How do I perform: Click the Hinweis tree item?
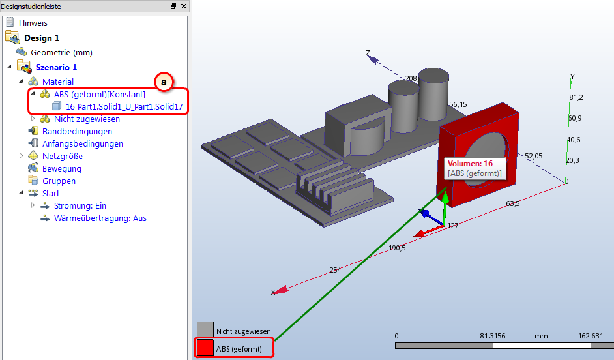click(x=33, y=23)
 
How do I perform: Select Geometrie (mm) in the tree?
click(x=61, y=52)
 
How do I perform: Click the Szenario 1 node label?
click(x=57, y=67)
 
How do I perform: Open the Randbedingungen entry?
click(x=77, y=132)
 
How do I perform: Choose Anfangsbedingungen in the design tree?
click(x=83, y=143)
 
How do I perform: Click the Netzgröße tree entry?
click(x=63, y=157)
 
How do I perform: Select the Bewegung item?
click(x=62, y=169)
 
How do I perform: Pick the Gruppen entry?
click(x=59, y=181)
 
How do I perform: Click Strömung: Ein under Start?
click(x=80, y=205)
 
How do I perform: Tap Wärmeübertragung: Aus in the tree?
click(x=100, y=218)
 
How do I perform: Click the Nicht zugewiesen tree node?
click(x=87, y=119)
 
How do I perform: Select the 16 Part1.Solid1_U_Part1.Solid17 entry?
click(x=124, y=106)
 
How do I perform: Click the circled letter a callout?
click(x=164, y=82)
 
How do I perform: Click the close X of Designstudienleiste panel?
click(x=184, y=7)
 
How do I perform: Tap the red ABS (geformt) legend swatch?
click(x=205, y=348)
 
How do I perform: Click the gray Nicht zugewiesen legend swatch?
click(x=205, y=330)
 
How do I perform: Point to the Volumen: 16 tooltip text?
click(x=471, y=164)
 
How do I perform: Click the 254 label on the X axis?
click(x=335, y=270)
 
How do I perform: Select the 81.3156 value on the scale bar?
click(x=493, y=336)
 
